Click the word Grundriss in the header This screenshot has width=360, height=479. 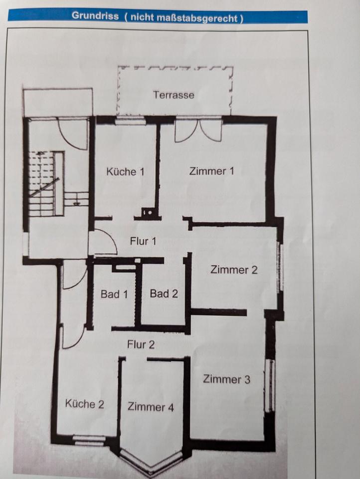point(95,15)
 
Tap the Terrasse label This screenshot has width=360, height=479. point(174,95)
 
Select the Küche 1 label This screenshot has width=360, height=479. point(125,172)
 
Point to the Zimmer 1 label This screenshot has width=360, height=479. point(211,171)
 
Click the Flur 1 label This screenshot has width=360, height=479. point(143,241)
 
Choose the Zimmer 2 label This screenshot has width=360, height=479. point(234,270)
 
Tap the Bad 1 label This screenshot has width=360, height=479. point(114,294)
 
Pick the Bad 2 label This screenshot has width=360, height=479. point(164,293)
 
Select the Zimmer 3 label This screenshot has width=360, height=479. point(226,379)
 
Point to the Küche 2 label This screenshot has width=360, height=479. point(85,404)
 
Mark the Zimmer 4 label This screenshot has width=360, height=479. point(151,407)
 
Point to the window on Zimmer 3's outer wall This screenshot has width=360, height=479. point(271,385)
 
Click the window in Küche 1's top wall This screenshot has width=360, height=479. point(131,120)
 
